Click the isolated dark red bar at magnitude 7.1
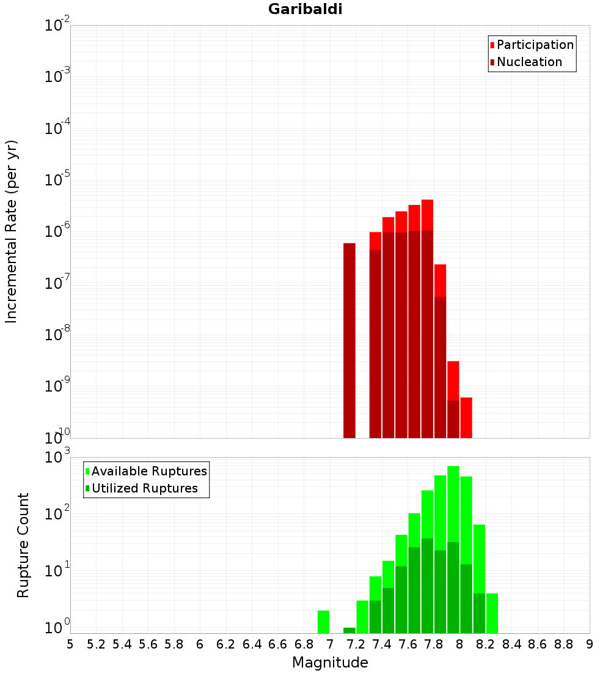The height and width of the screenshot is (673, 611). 349,340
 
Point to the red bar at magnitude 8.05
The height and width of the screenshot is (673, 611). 466,417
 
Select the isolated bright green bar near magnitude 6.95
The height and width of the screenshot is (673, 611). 324,622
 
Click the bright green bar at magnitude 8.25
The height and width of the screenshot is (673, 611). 492,613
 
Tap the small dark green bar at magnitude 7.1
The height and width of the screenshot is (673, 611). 349,630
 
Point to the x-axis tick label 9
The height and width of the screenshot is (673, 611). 590,644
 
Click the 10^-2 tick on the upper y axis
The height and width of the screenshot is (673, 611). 57,26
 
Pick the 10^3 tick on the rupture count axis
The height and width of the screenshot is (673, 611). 57,458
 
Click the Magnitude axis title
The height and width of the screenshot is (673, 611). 330,663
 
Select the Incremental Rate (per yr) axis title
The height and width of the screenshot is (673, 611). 12,231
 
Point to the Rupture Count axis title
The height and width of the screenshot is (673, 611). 23,545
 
